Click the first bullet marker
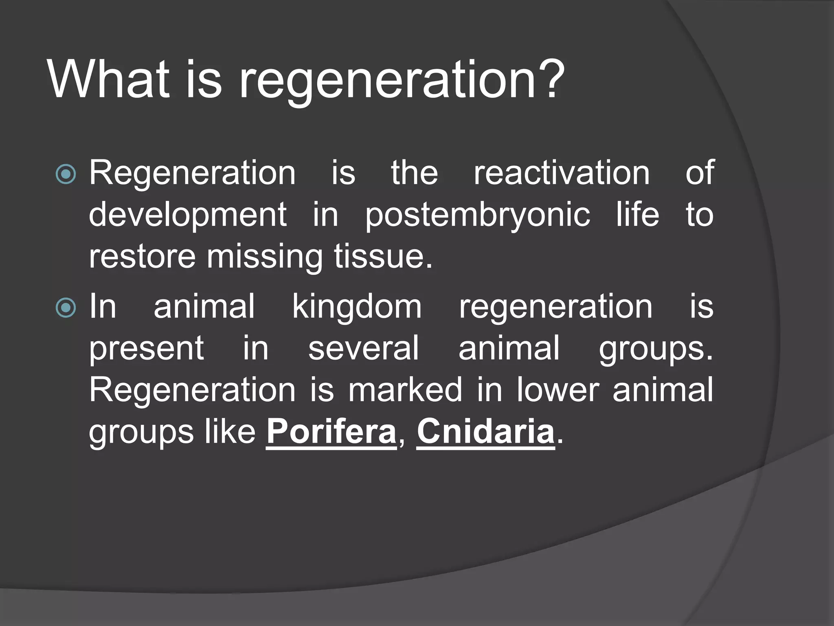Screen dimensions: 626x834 point(66,174)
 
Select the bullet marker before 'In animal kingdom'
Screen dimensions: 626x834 point(66,308)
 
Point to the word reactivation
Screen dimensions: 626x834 point(562,173)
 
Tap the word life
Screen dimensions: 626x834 point(637,215)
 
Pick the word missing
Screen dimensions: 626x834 point(264,258)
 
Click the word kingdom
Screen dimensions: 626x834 point(357,306)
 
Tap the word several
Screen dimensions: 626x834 point(363,348)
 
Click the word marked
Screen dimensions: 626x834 point(405,390)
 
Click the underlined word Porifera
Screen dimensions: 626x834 point(331,432)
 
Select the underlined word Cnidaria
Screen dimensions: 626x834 point(485,432)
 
